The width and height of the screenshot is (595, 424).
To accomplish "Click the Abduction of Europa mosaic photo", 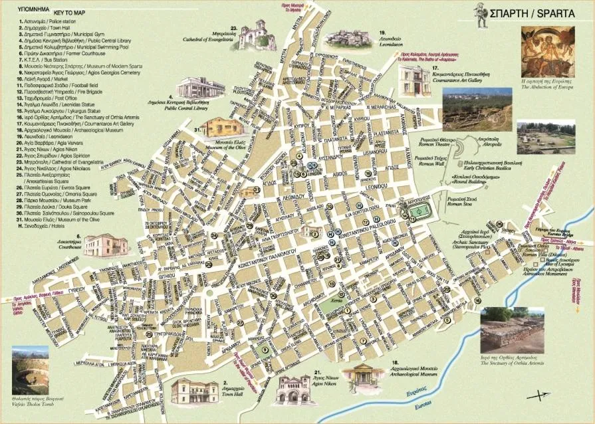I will (x=548, y=53).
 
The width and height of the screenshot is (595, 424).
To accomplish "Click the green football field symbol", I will (x=418, y=211).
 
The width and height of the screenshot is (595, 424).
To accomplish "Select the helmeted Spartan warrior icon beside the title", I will (x=479, y=11).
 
